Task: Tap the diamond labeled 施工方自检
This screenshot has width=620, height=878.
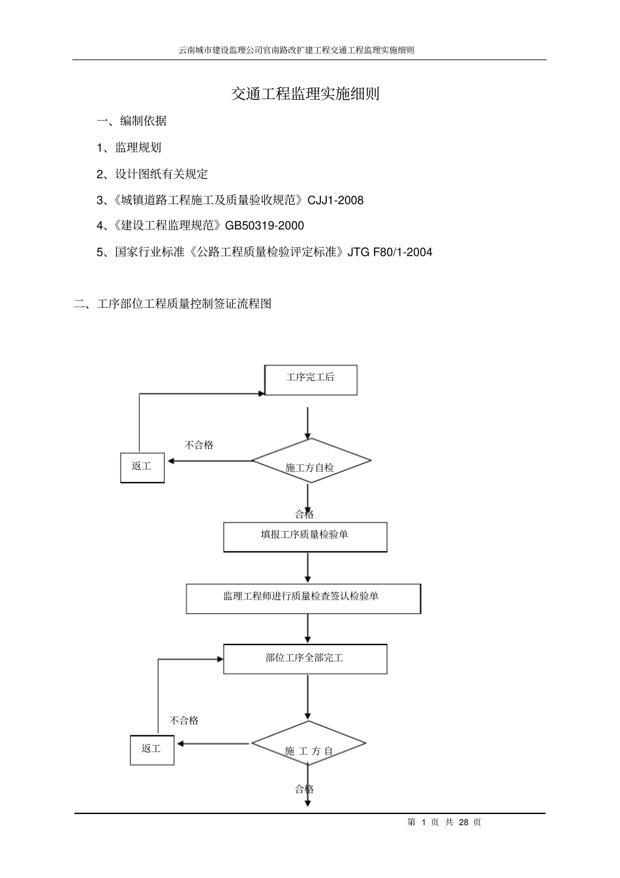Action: point(311,462)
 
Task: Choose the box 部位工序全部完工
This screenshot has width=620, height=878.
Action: point(305,659)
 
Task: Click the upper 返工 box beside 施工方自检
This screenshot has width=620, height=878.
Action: point(142,468)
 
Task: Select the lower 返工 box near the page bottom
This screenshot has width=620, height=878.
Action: point(151,749)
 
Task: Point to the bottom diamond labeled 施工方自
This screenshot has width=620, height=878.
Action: point(309,745)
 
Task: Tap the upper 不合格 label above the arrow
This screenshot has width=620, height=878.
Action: point(198,446)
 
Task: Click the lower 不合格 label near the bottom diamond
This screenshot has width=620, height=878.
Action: point(184,721)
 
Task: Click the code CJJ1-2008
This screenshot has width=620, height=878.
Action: point(335,200)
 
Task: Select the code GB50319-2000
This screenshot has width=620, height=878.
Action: point(264,226)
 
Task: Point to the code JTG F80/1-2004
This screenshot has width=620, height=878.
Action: point(390,252)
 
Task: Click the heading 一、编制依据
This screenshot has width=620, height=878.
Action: point(132,121)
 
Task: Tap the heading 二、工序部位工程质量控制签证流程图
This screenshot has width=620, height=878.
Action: point(172,304)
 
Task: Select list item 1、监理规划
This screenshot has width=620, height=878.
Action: point(129,148)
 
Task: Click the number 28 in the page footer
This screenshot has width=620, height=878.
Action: point(463,823)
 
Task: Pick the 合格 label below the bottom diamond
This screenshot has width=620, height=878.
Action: point(304,789)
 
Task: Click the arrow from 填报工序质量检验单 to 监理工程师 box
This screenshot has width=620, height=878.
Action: point(308,568)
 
